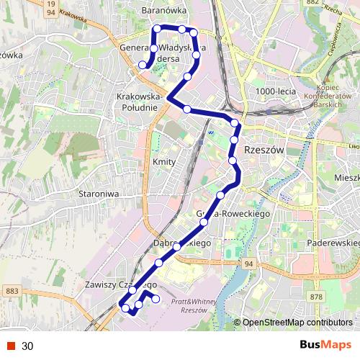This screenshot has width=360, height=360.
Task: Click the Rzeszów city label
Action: coord(265,150)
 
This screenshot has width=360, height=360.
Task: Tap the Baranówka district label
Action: coord(165,11)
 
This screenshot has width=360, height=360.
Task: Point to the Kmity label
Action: coord(164,162)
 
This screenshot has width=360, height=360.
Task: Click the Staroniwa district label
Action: coord(97,194)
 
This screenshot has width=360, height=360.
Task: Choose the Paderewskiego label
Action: coord(333,243)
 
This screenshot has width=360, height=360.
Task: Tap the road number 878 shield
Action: coord(317,297)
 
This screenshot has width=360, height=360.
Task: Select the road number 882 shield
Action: coord(311,4)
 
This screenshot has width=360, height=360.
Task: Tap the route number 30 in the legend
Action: coord(27,346)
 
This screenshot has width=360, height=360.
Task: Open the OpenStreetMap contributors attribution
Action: coord(297,323)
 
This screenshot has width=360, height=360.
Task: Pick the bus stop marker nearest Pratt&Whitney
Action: coord(155,298)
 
